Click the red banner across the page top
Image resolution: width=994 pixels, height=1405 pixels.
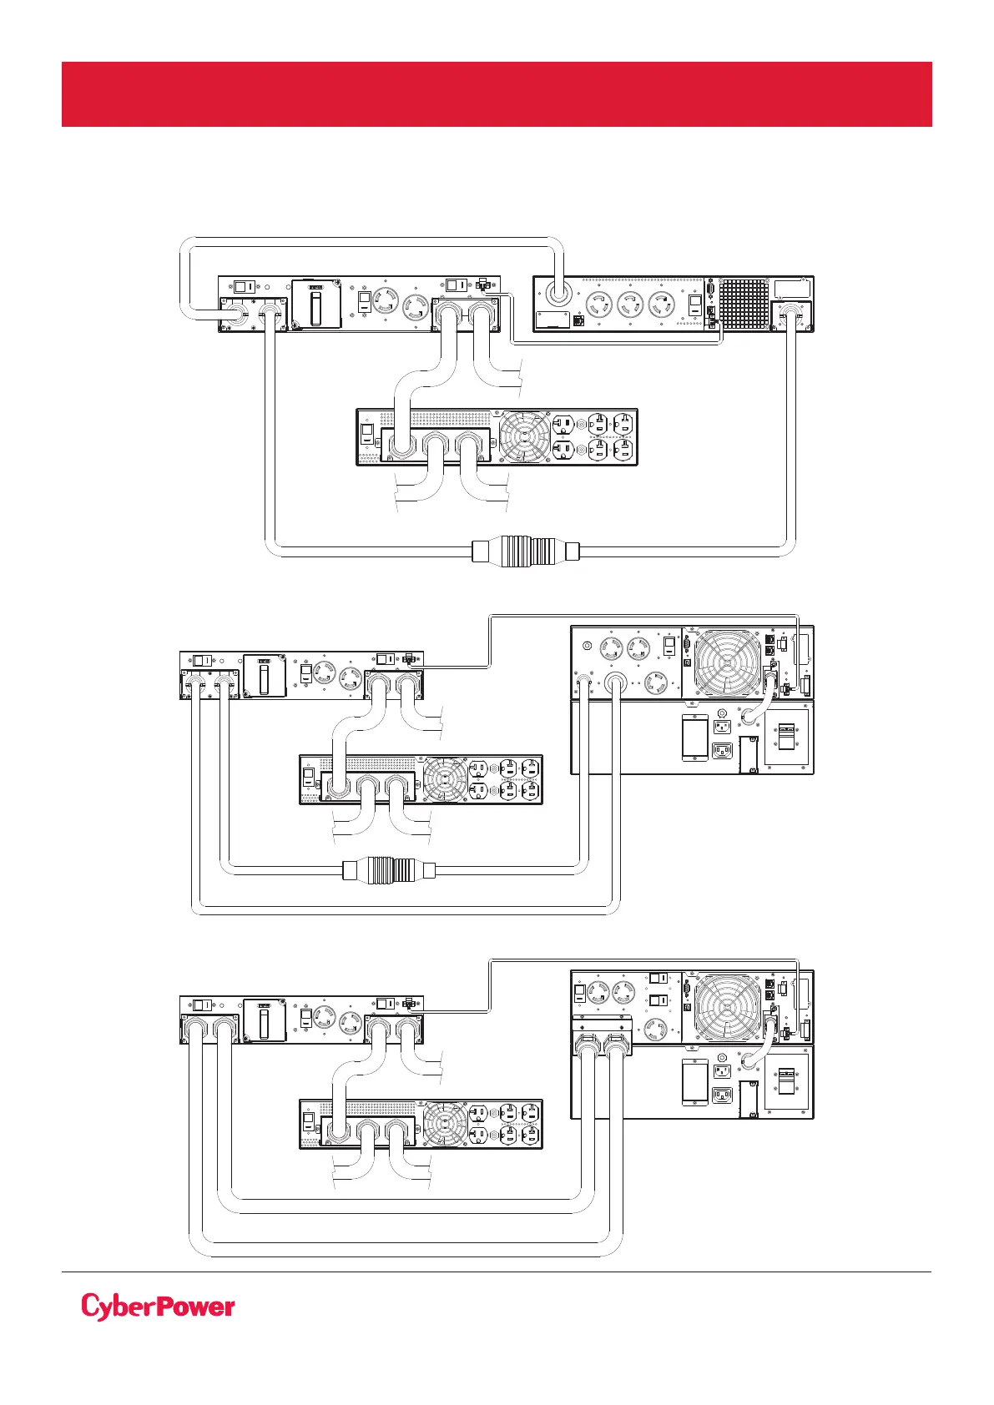[497, 93]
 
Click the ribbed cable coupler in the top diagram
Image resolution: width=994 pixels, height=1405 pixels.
[525, 551]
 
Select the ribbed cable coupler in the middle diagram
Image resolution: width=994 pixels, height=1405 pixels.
[389, 869]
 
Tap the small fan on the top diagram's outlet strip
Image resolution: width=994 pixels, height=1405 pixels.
[524, 436]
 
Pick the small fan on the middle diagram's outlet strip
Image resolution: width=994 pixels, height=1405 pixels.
[445, 779]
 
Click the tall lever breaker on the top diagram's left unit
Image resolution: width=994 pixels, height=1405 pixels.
[316, 304]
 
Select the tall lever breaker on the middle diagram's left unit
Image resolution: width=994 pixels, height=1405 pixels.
[265, 676]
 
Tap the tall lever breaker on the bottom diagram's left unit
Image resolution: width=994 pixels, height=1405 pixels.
[265, 1020]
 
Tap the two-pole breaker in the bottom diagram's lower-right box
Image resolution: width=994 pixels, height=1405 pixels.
[787, 1082]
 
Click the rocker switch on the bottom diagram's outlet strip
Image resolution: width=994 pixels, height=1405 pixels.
[308, 1123]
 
